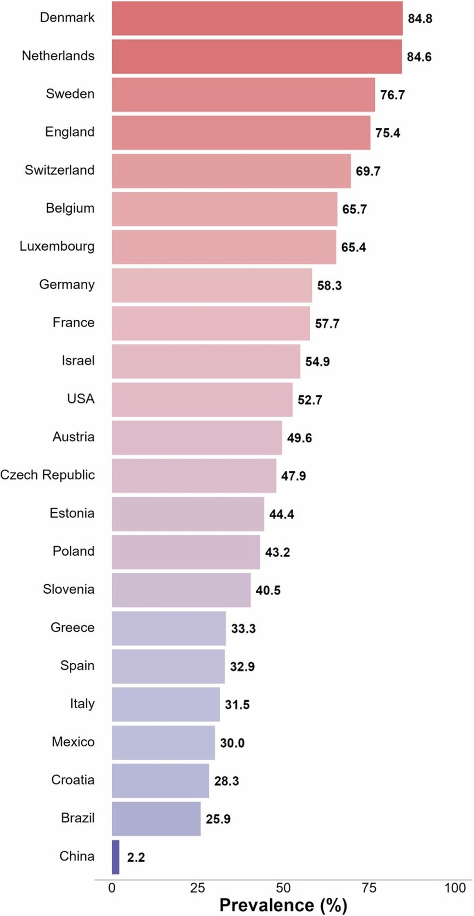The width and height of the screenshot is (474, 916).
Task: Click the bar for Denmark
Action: point(257,18)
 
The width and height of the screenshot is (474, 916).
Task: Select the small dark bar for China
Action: point(116,857)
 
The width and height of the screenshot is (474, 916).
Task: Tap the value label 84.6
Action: point(419,57)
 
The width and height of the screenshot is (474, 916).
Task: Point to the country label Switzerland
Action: point(59,170)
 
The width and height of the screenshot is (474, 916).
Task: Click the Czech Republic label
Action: point(47,475)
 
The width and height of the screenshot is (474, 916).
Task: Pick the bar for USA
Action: point(202,400)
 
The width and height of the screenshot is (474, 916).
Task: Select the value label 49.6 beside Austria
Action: point(299,438)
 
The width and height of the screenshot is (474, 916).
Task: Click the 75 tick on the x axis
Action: point(369,888)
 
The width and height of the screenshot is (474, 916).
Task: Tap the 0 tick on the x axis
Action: point(112,888)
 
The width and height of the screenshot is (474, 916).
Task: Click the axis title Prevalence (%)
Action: point(283,905)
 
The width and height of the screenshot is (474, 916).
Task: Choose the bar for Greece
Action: point(169,629)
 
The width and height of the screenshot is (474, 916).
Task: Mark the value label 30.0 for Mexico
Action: point(232,743)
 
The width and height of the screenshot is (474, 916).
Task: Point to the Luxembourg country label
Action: point(57,246)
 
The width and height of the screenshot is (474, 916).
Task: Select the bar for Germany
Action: point(212,286)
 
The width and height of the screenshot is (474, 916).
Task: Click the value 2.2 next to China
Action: point(136,857)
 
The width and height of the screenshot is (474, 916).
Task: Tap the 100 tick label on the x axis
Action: point(455,888)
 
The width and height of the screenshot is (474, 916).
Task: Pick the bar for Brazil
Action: point(156,819)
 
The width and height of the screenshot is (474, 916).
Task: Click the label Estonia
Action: point(72,513)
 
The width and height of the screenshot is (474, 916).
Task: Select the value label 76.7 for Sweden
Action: point(392,95)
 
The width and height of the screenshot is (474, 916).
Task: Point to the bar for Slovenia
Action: point(181,590)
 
